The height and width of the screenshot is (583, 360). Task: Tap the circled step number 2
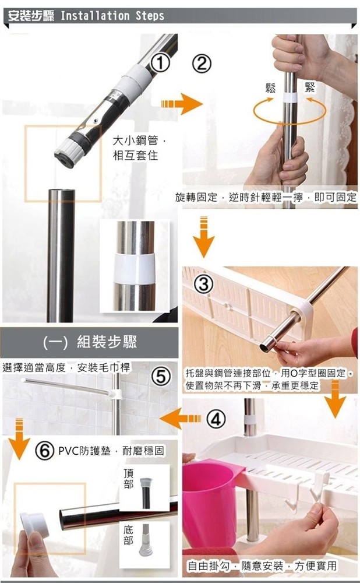(202, 64)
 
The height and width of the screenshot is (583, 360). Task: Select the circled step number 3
(203, 285)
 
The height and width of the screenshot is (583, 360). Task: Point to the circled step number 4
(216, 419)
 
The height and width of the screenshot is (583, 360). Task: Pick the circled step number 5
(161, 377)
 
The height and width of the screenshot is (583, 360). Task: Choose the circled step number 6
(44, 451)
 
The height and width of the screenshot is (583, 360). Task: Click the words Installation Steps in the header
(112, 16)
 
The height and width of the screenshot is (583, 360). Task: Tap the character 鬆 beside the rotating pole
(270, 88)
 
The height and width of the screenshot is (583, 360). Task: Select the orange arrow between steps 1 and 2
(182, 104)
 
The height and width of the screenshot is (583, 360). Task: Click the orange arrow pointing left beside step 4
(180, 418)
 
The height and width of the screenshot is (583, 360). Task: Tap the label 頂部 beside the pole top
(129, 479)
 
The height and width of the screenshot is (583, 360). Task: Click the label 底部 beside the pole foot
(128, 535)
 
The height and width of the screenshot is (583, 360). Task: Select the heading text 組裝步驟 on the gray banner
(107, 342)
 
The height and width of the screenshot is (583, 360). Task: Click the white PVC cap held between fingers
(34, 525)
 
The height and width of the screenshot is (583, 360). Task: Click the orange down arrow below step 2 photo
(203, 237)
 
